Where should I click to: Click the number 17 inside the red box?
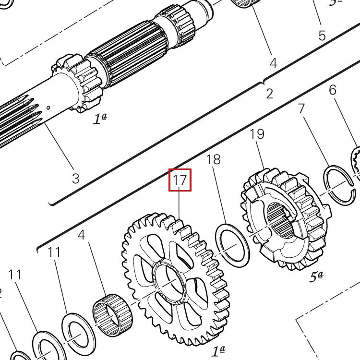pyautogui.click(x=180, y=180)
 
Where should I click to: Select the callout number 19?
pyautogui.click(x=257, y=134)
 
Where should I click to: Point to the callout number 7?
pyautogui.click(x=301, y=108)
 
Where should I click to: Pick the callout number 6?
pyautogui.click(x=333, y=90)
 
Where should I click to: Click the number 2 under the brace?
pyautogui.click(x=269, y=93)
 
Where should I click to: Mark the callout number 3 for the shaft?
pyautogui.click(x=75, y=179)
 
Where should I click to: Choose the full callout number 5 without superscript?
pyautogui.click(x=322, y=36)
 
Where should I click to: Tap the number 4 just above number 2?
pyautogui.click(x=273, y=63)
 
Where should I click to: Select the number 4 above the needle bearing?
pyautogui.click(x=82, y=235)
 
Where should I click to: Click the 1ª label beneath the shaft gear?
pyautogui.click(x=99, y=119)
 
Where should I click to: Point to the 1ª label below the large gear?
pyautogui.click(x=218, y=351)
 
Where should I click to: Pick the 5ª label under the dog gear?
pyautogui.click(x=315, y=277)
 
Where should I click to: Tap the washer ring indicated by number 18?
pyautogui.click(x=232, y=245)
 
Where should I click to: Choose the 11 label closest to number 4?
pyautogui.click(x=54, y=252)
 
